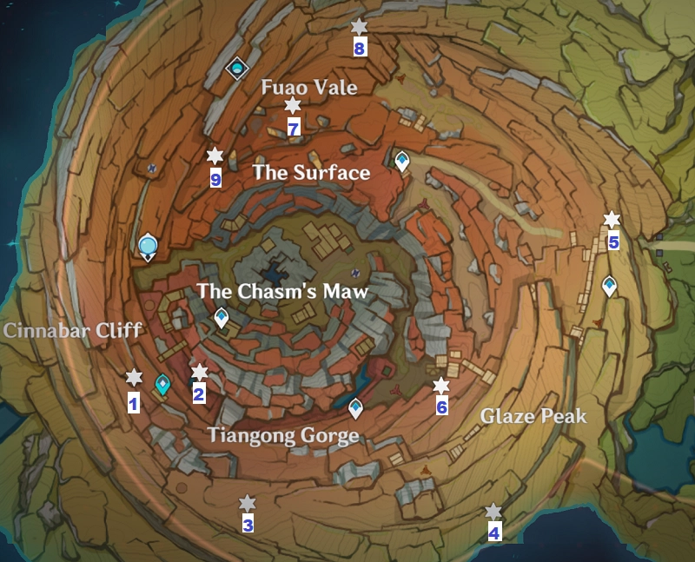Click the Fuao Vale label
309,88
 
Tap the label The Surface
311,173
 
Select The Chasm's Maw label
282,292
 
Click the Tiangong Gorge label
282,435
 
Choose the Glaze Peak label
533,417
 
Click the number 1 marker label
134,403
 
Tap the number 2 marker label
199,396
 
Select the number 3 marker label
248,525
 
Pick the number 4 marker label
493,533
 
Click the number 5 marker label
613,242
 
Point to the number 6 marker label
441,407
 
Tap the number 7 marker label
293,129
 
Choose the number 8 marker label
359,49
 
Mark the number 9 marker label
215,179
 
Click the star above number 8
359,28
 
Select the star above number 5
612,220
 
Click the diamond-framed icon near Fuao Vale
236,68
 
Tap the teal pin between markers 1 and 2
162,384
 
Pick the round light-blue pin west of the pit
147,247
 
